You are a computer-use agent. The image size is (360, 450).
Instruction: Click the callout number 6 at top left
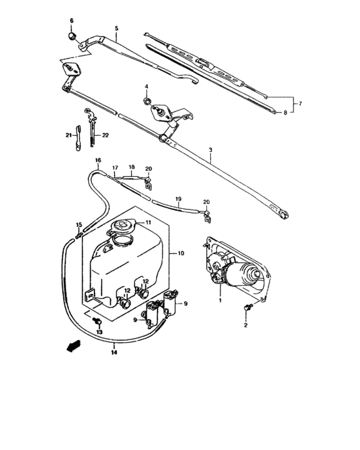(x=72, y=21)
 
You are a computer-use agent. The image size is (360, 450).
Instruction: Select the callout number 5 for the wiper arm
(x=116, y=28)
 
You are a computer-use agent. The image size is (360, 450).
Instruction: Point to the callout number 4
(x=146, y=86)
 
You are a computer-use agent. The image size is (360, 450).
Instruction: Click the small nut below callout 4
(x=147, y=100)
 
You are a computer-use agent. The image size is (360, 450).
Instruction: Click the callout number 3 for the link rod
(x=210, y=149)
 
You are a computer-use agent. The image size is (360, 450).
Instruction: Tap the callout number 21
(x=67, y=135)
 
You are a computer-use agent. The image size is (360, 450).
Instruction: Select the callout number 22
(x=105, y=135)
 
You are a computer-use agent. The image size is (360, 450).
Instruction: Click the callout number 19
(x=178, y=199)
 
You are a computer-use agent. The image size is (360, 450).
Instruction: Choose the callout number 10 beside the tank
(x=181, y=253)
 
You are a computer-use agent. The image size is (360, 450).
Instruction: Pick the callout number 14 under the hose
(x=114, y=353)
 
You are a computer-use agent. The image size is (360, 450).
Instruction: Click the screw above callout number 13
(x=96, y=319)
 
